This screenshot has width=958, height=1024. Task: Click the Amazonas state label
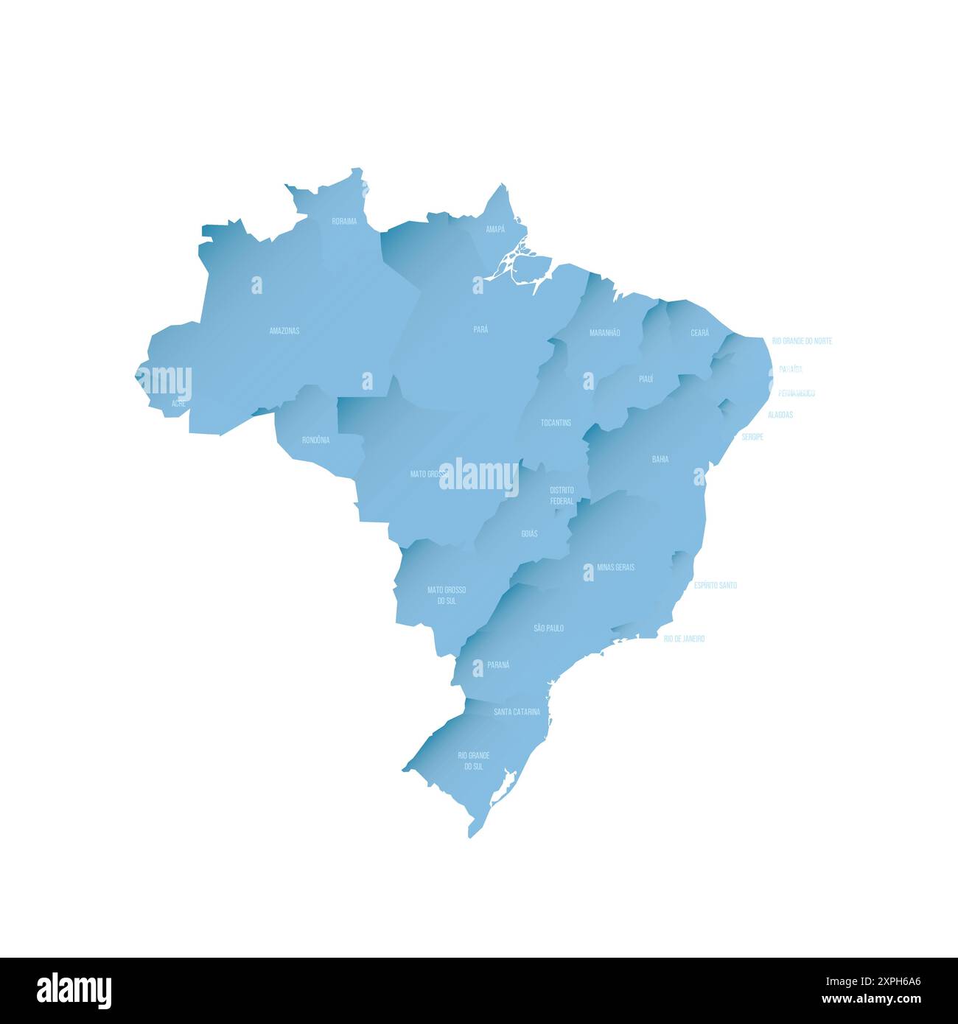[284, 331]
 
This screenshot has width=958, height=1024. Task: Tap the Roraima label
[344, 221]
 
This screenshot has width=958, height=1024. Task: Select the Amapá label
[495, 229]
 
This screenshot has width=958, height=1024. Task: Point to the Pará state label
[480, 329]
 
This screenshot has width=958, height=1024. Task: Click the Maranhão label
[604, 333]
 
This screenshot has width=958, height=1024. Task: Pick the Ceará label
[699, 333]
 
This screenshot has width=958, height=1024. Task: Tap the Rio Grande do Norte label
[802, 341]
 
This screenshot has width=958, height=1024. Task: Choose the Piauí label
[646, 379]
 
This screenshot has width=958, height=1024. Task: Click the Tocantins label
[556, 423]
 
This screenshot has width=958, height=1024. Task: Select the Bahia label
[660, 459]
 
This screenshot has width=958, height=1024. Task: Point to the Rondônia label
[315, 440]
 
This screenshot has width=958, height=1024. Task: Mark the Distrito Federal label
[562, 495]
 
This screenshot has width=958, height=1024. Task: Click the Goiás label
[529, 533]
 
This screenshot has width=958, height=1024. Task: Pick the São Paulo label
[548, 628]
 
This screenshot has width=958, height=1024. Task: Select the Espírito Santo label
[715, 585]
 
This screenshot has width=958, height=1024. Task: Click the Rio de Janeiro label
[684, 639]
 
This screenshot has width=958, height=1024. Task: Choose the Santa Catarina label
[517, 712]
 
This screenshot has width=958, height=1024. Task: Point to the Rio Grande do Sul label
[473, 761]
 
